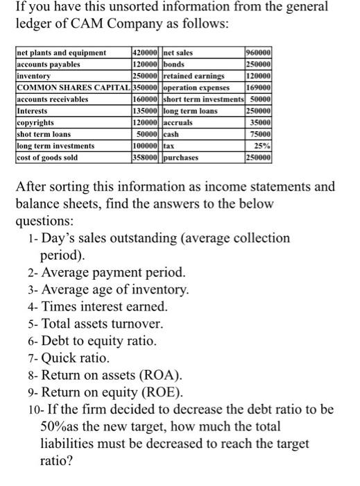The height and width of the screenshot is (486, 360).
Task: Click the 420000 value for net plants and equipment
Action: pos(146,52)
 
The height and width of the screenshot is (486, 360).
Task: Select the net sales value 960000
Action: pos(258,52)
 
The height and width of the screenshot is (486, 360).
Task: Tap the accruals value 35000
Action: pos(260,123)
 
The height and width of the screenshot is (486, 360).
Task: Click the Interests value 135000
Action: pos(146,110)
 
